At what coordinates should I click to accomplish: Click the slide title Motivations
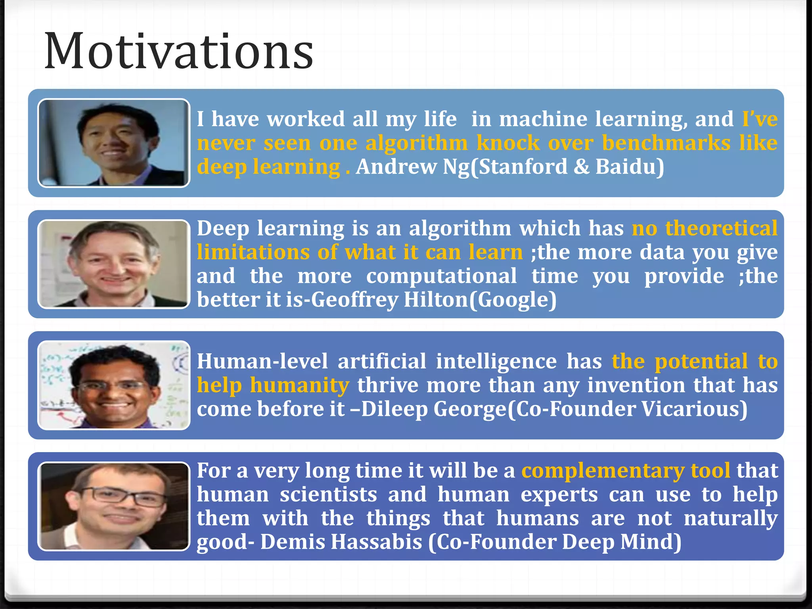178,52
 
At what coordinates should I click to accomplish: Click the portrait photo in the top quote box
114,143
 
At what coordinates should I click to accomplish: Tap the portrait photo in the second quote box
114,264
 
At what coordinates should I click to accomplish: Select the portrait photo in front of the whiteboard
114,385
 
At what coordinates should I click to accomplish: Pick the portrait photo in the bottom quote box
114,506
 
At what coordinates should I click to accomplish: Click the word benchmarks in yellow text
666,143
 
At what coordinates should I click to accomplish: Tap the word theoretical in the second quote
721,228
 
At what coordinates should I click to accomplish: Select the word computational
441,276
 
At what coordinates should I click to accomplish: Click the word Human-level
262,361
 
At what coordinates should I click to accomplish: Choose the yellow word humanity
300,385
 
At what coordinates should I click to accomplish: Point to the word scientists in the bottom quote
328,494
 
